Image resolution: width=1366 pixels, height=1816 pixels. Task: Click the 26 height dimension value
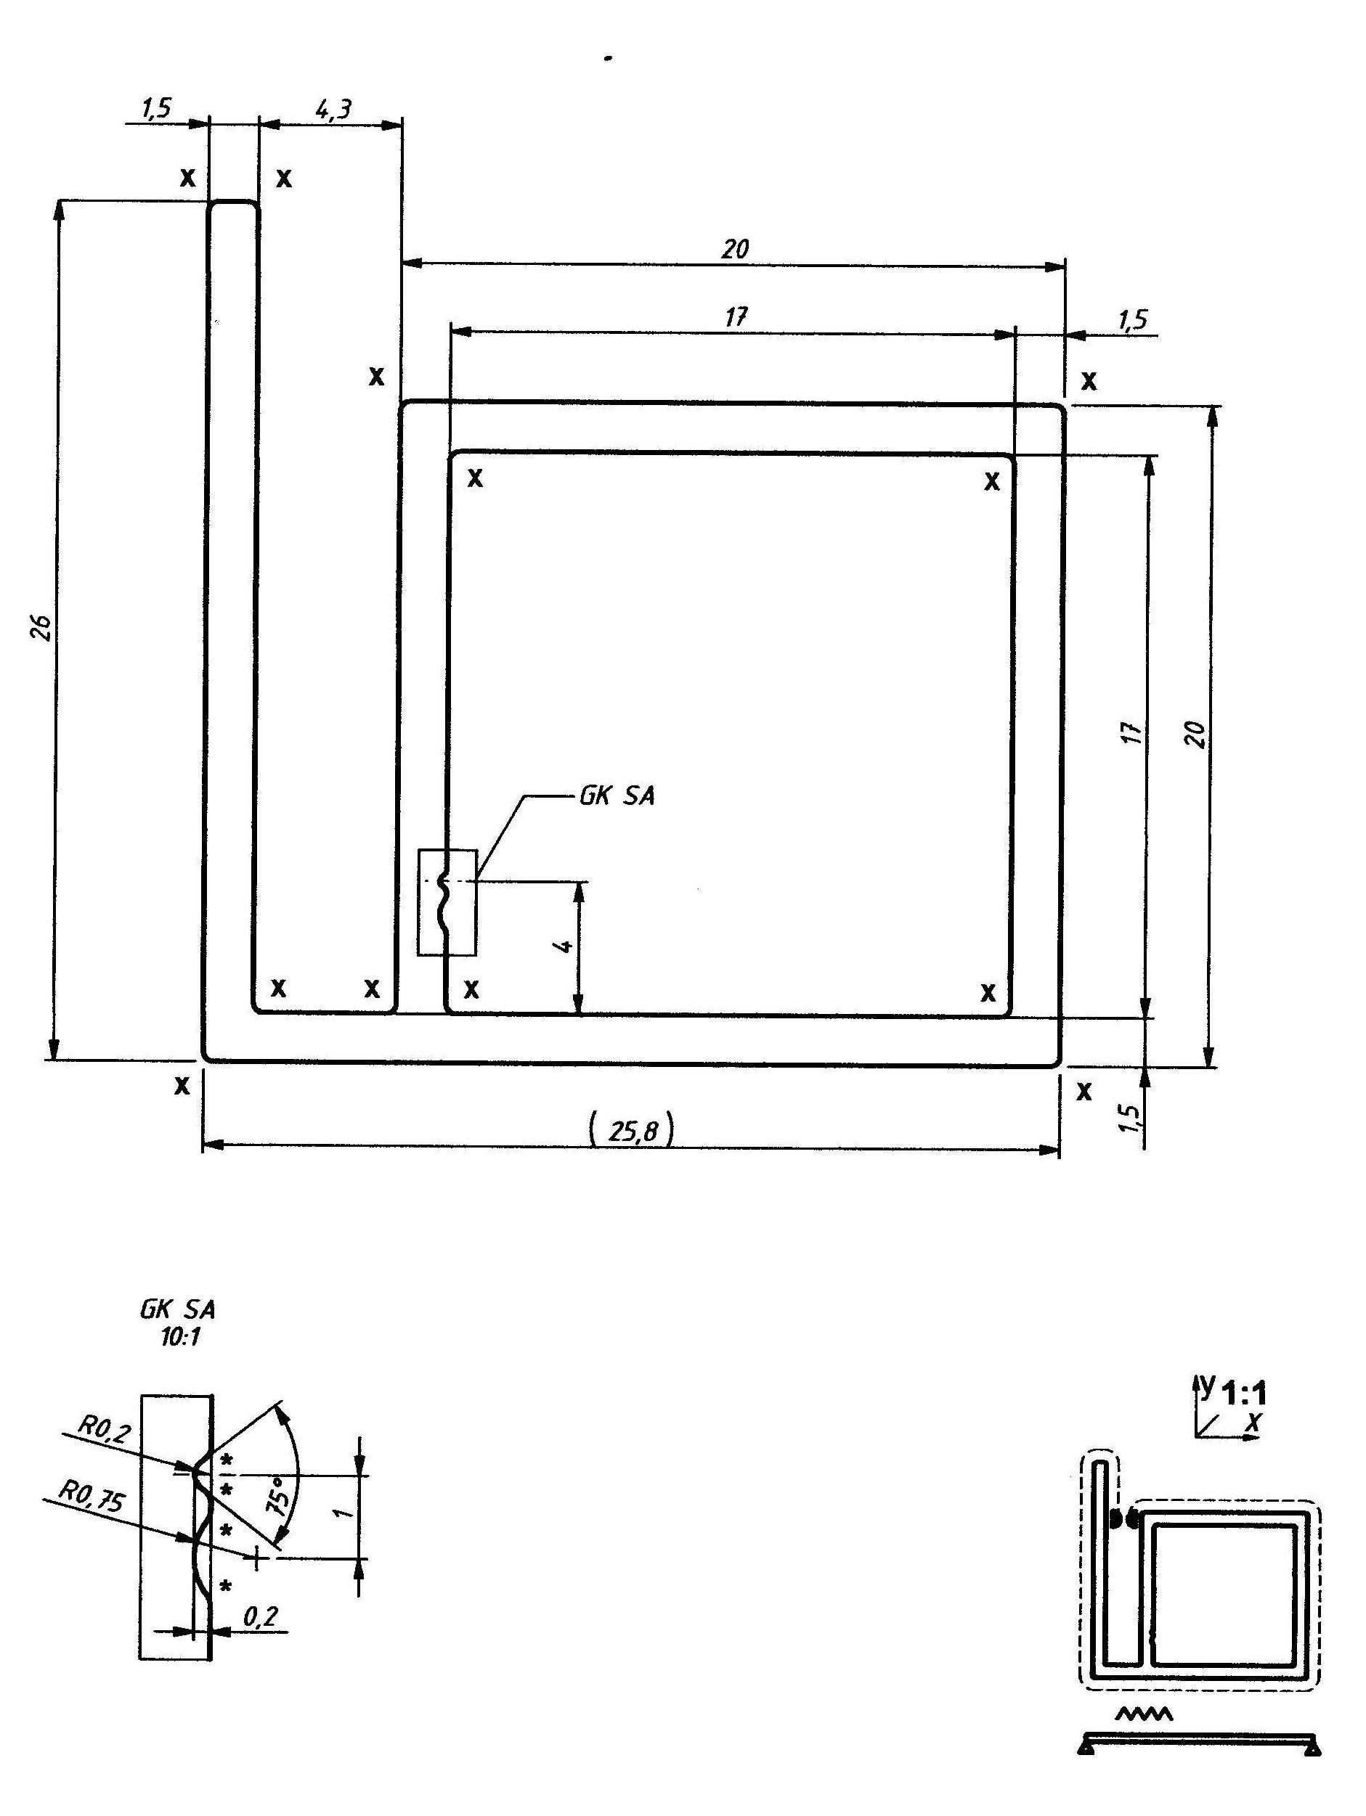pyautogui.click(x=44, y=627)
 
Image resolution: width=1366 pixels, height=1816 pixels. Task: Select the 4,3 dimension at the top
pyautogui.click(x=333, y=109)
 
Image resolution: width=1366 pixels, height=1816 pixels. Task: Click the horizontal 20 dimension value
pyautogui.click(x=735, y=249)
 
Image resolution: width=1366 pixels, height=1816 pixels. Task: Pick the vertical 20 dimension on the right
pyautogui.click(x=1197, y=733)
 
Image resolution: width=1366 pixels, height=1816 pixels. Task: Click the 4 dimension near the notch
pyautogui.click(x=564, y=946)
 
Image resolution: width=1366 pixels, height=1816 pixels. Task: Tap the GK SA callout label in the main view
pyautogui.click(x=617, y=796)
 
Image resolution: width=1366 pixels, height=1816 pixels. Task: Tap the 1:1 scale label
pyautogui.click(x=1243, y=1395)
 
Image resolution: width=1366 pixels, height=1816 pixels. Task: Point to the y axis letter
pyautogui.click(x=1206, y=1383)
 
